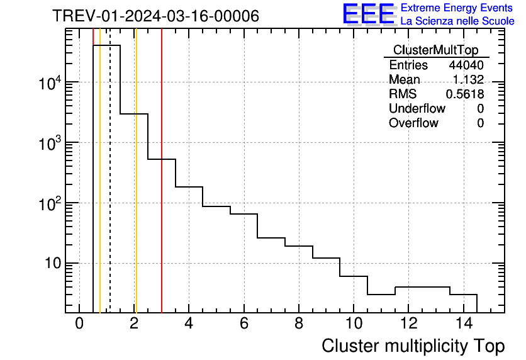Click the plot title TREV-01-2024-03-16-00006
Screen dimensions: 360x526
155,16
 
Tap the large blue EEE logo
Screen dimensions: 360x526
368,14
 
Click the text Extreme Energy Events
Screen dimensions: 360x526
457,8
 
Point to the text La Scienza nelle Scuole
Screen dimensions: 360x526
457,21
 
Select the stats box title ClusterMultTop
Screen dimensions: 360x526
435,50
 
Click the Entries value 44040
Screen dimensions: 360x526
466,65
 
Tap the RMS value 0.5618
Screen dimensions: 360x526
465,94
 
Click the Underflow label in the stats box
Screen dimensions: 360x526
417,109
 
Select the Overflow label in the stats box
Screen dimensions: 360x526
413,123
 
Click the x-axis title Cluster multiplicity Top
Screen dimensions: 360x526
413,346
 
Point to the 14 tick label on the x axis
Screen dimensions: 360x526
462,324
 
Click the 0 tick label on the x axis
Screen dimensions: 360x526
79,324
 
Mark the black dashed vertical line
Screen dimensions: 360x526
110,189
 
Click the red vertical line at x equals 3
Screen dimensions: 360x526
162,189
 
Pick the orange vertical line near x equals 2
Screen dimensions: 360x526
135,189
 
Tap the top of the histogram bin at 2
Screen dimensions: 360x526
134,114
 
